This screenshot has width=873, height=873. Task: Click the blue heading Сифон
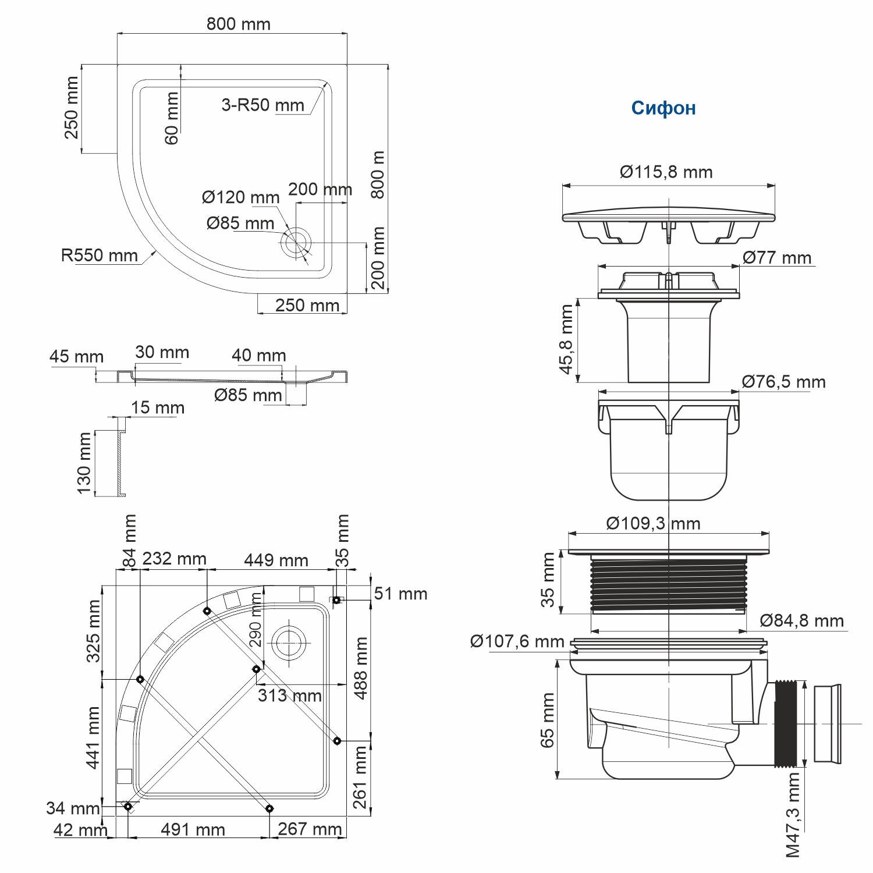pos(663,108)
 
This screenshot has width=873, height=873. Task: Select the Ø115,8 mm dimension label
pos(666,172)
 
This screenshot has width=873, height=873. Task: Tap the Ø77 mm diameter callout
pos(776,258)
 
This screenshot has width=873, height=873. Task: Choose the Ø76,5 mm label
pos(783,382)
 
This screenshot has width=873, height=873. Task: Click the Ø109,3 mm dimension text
pos(652,523)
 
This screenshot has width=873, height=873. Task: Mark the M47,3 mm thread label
pos(793,815)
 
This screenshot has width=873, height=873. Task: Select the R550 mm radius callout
pos(99,255)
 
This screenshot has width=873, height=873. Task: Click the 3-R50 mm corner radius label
pos(262,105)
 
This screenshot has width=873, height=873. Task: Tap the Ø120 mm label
pos(240,197)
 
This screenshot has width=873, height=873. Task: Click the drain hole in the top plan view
pos(296,243)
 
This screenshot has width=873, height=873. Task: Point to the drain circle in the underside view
pos(289,643)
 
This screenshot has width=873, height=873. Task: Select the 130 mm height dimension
pos(84,463)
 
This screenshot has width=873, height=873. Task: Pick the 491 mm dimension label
pos(193,829)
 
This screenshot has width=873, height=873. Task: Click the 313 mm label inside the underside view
pos(289,695)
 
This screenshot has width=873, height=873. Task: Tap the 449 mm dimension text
pos(276,560)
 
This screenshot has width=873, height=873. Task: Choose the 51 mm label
pos(400,594)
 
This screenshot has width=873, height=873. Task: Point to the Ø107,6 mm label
pos(517,641)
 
